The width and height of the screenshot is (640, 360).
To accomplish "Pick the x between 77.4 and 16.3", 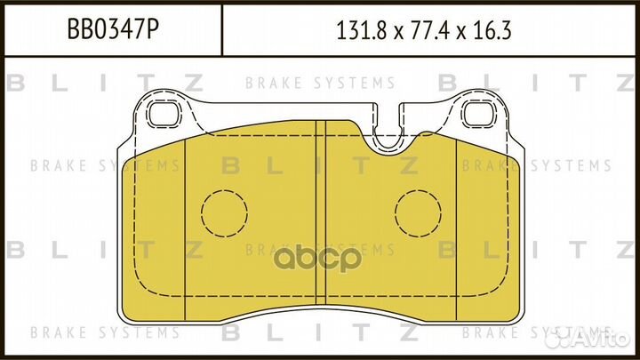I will [x=460, y=34].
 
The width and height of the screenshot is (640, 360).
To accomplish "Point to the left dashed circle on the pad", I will [x=223, y=214].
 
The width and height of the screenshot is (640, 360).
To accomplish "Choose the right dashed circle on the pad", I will [x=417, y=214].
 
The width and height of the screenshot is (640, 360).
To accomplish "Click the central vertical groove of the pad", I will [x=321, y=213].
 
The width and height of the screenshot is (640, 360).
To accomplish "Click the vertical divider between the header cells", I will [x=220, y=33].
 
